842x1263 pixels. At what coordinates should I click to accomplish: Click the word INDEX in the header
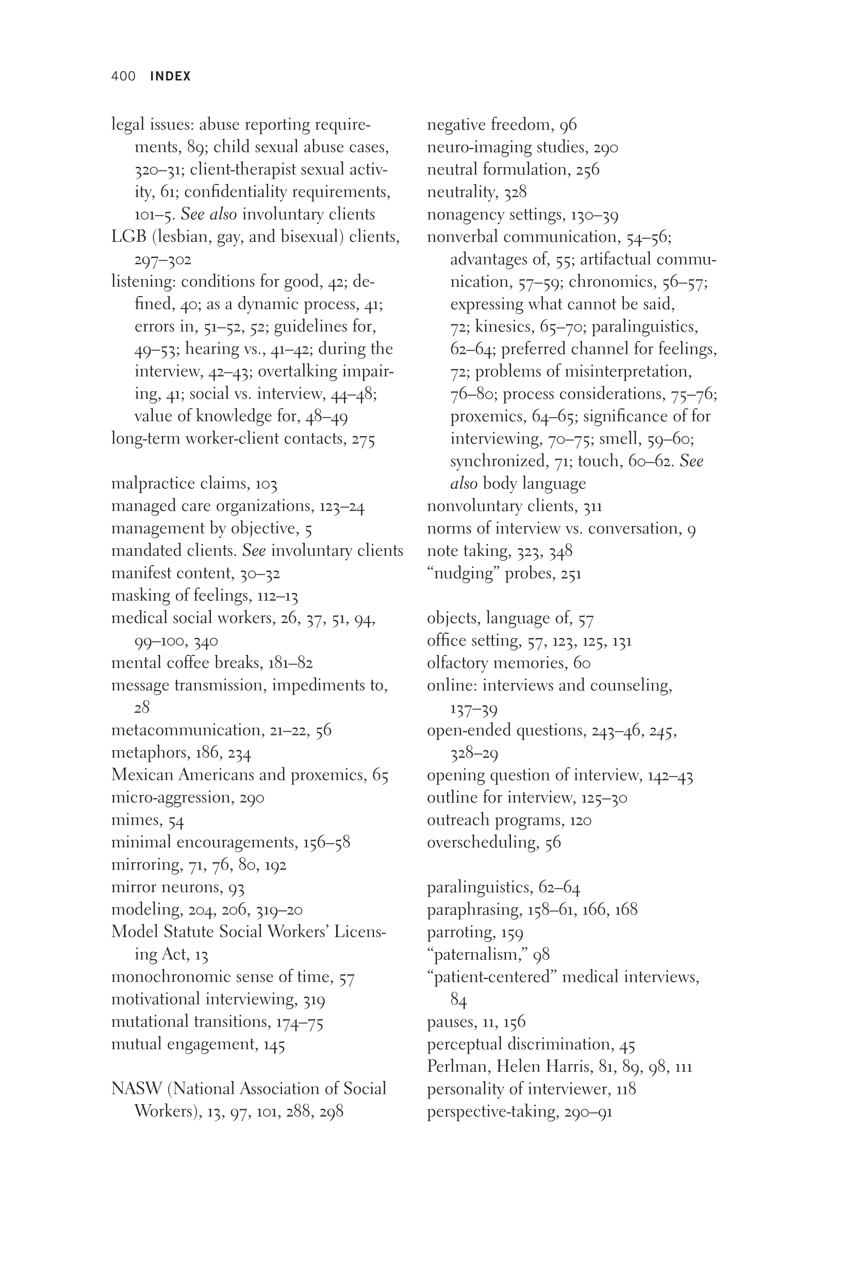(x=170, y=76)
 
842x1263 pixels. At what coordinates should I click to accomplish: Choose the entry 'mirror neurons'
(x=167, y=887)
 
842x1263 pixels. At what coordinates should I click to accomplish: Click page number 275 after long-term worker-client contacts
(x=364, y=439)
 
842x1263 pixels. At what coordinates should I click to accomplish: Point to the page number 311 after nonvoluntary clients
(x=593, y=506)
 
